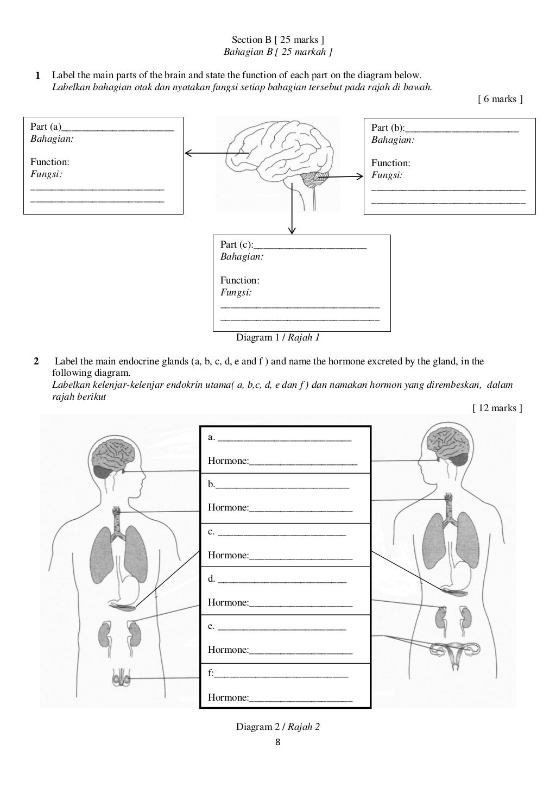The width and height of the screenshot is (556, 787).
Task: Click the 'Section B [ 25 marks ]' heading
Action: (x=277, y=40)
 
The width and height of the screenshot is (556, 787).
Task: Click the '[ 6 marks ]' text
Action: (x=500, y=99)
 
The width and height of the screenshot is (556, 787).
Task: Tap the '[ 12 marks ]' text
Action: (x=497, y=408)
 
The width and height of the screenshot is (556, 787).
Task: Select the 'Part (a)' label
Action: (x=46, y=127)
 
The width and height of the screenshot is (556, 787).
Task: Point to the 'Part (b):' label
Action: (x=388, y=128)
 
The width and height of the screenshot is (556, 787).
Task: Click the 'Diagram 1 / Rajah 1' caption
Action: (x=277, y=338)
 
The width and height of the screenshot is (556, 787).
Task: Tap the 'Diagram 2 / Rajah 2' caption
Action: (x=277, y=727)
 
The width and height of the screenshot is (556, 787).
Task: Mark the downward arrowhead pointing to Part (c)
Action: (x=292, y=230)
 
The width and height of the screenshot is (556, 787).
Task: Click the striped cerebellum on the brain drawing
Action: (x=315, y=179)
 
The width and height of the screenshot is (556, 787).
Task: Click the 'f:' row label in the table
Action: (x=211, y=673)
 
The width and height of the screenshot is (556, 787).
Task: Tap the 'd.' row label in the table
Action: (x=211, y=579)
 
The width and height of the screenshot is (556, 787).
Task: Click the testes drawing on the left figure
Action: (x=122, y=678)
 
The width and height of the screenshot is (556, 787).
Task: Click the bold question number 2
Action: (x=36, y=361)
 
